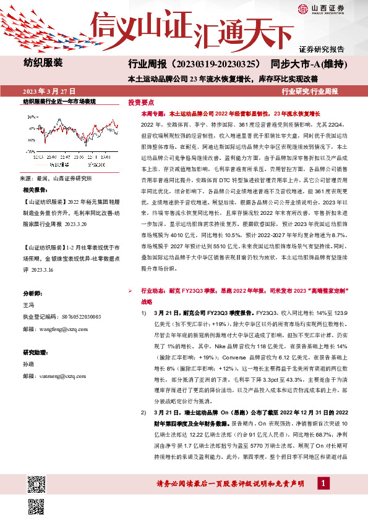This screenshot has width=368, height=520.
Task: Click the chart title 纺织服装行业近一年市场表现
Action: (x=59, y=100)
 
